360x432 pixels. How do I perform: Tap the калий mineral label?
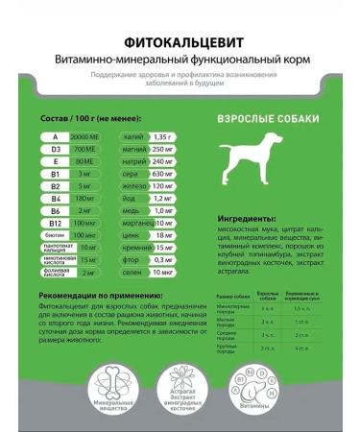134,138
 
